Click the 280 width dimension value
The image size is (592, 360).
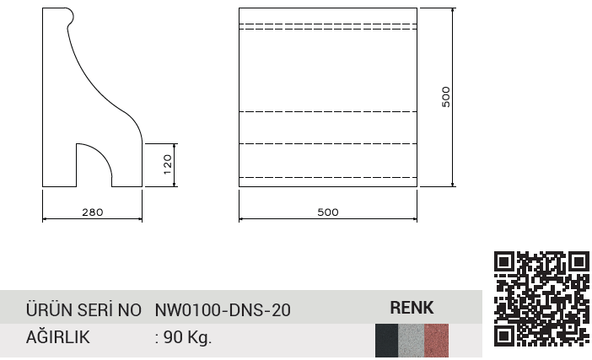point(93,212)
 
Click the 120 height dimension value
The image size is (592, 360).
point(168,164)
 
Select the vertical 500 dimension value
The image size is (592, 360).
point(446,97)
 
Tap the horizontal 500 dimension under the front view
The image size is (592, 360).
point(328,212)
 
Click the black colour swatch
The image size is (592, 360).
point(386,341)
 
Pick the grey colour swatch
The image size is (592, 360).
point(412,341)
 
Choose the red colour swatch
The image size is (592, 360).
point(437,341)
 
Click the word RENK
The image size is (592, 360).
point(412,308)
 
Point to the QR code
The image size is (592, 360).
point(541,298)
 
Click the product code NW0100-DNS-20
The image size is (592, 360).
point(223,310)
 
